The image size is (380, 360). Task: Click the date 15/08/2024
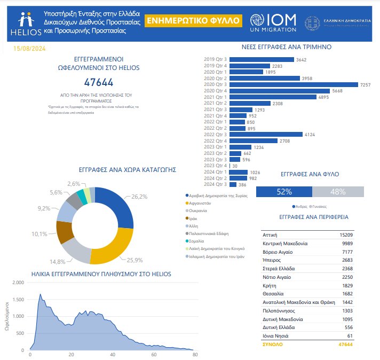coord(29,49)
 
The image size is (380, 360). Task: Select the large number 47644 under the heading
coord(99,83)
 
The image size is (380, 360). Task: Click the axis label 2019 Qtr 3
coord(215,59)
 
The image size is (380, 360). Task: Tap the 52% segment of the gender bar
coord(284,191)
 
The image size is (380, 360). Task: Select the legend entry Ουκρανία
coord(199,210)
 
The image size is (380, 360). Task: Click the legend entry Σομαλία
coord(198,240)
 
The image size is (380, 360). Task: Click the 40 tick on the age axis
coord(113,355)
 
